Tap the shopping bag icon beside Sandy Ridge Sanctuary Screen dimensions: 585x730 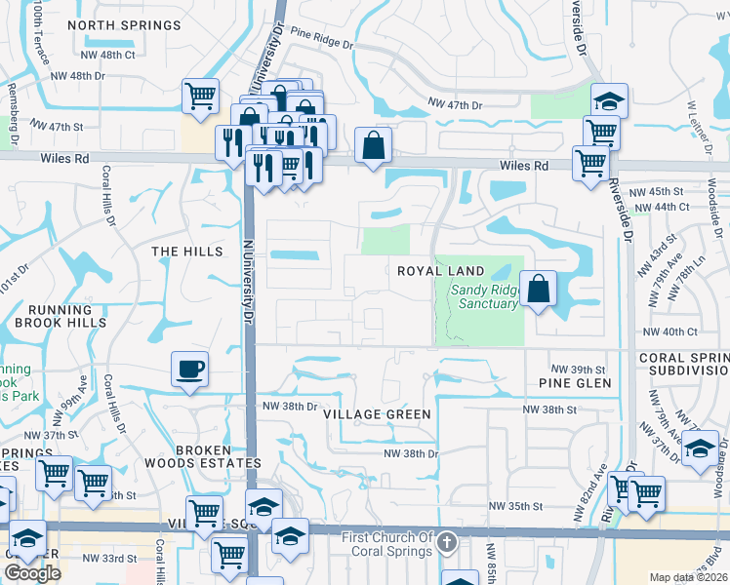tap(538, 289)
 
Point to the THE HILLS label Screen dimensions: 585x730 tap(187, 252)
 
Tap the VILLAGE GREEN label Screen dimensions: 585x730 tap(377, 414)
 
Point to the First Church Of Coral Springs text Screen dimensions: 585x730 tap(386, 544)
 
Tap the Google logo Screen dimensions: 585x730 tap(33, 573)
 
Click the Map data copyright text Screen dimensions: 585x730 tap(688, 577)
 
